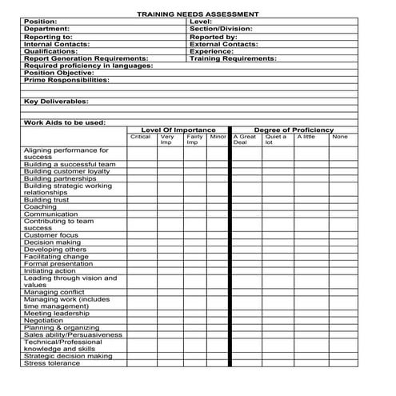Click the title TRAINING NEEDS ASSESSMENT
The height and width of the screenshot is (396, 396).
tap(197, 14)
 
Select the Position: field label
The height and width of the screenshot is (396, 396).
tap(41, 22)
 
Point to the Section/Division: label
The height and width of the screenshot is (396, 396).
tap(221, 29)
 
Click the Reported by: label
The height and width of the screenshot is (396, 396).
tap(213, 37)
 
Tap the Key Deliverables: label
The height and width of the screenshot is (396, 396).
tap(56, 102)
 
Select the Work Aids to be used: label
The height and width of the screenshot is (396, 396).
tap(65, 122)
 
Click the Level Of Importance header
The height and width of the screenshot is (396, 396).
tap(178, 130)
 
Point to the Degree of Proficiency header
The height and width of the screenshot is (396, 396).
tap(294, 130)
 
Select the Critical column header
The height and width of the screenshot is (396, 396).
tap(140, 137)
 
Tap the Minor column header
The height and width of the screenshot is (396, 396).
tap(218, 137)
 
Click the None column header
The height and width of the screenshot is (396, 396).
tap(340, 137)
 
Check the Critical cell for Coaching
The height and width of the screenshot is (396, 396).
tap(142, 207)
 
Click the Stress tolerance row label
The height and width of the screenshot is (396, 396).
tap(52, 363)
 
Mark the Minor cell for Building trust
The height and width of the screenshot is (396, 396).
tap(218, 200)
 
